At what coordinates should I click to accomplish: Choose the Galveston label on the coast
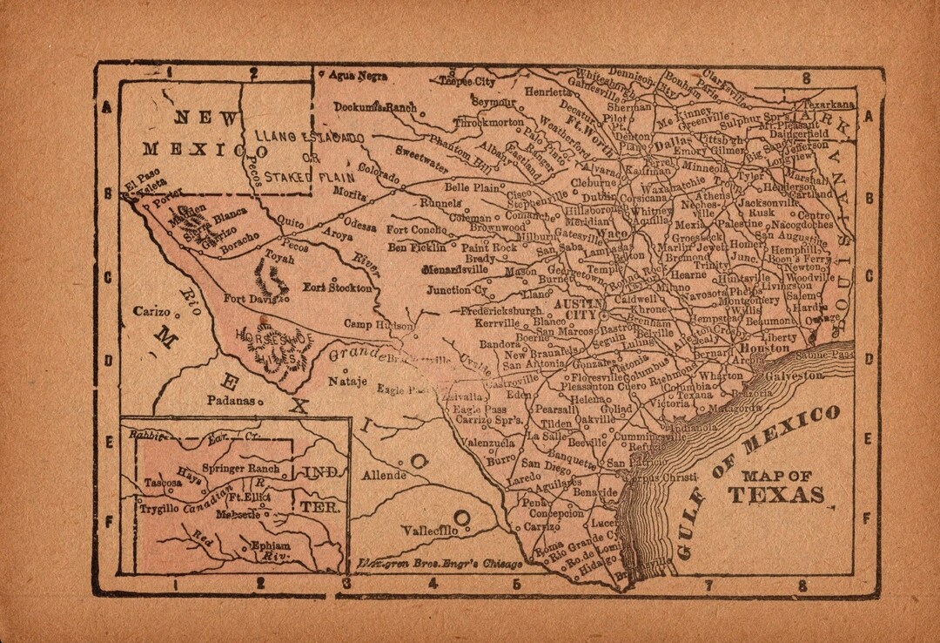coord(793,376)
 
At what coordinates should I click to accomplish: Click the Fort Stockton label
coord(338,287)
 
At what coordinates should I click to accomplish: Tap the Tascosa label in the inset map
coord(163,482)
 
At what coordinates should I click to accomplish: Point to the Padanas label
coord(230,401)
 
